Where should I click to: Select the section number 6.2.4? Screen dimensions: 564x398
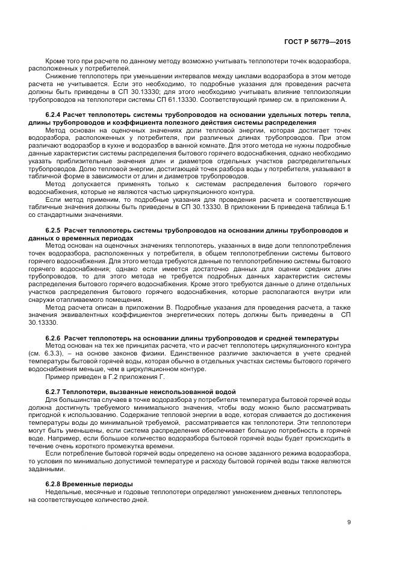click(54, 114)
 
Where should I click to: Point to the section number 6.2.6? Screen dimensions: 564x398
click(54, 336)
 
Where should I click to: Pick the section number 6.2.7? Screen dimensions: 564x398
click(54, 392)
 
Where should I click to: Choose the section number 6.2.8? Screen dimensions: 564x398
click(54, 484)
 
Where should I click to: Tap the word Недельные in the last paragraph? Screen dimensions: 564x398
click(63, 492)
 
